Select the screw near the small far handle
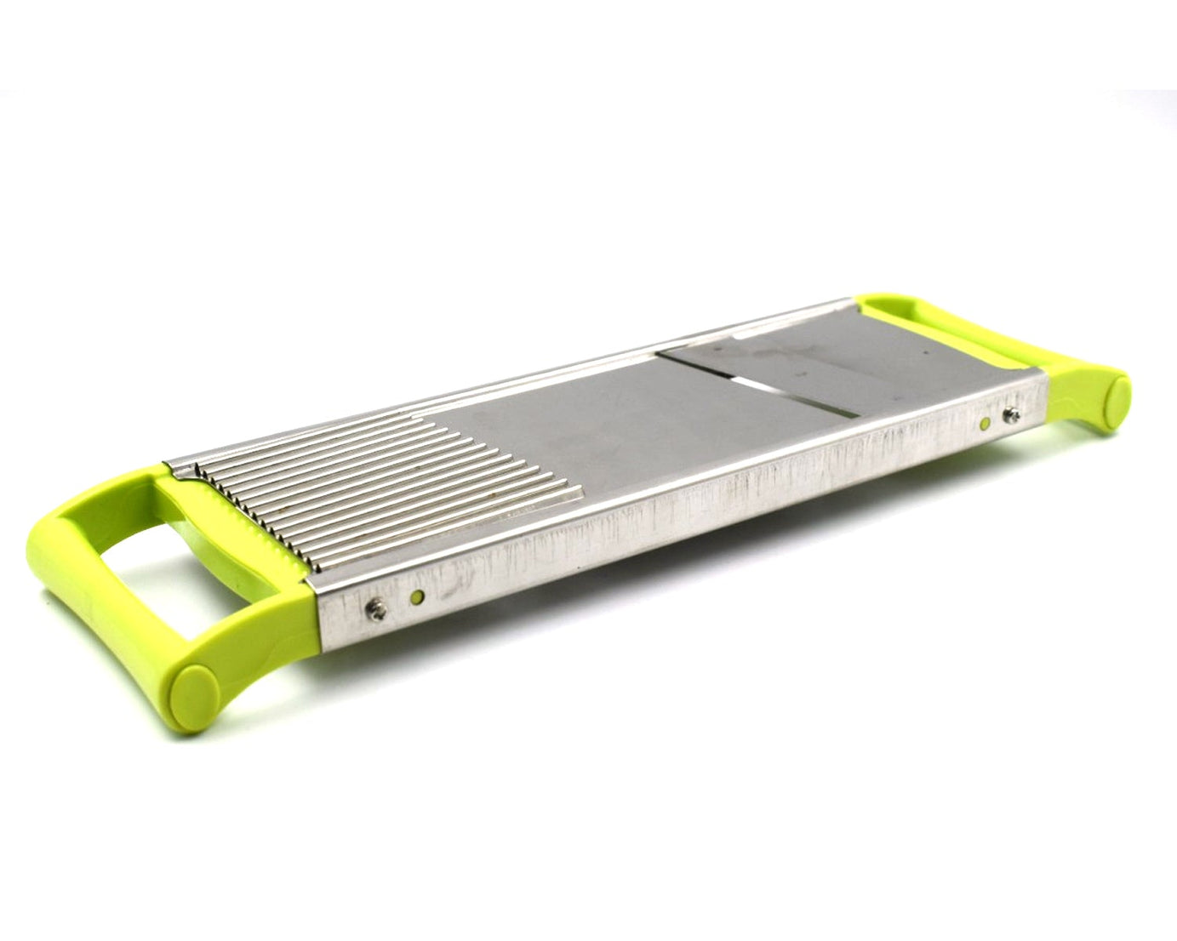pos(1013,415)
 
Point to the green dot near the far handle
pos(986,423)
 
